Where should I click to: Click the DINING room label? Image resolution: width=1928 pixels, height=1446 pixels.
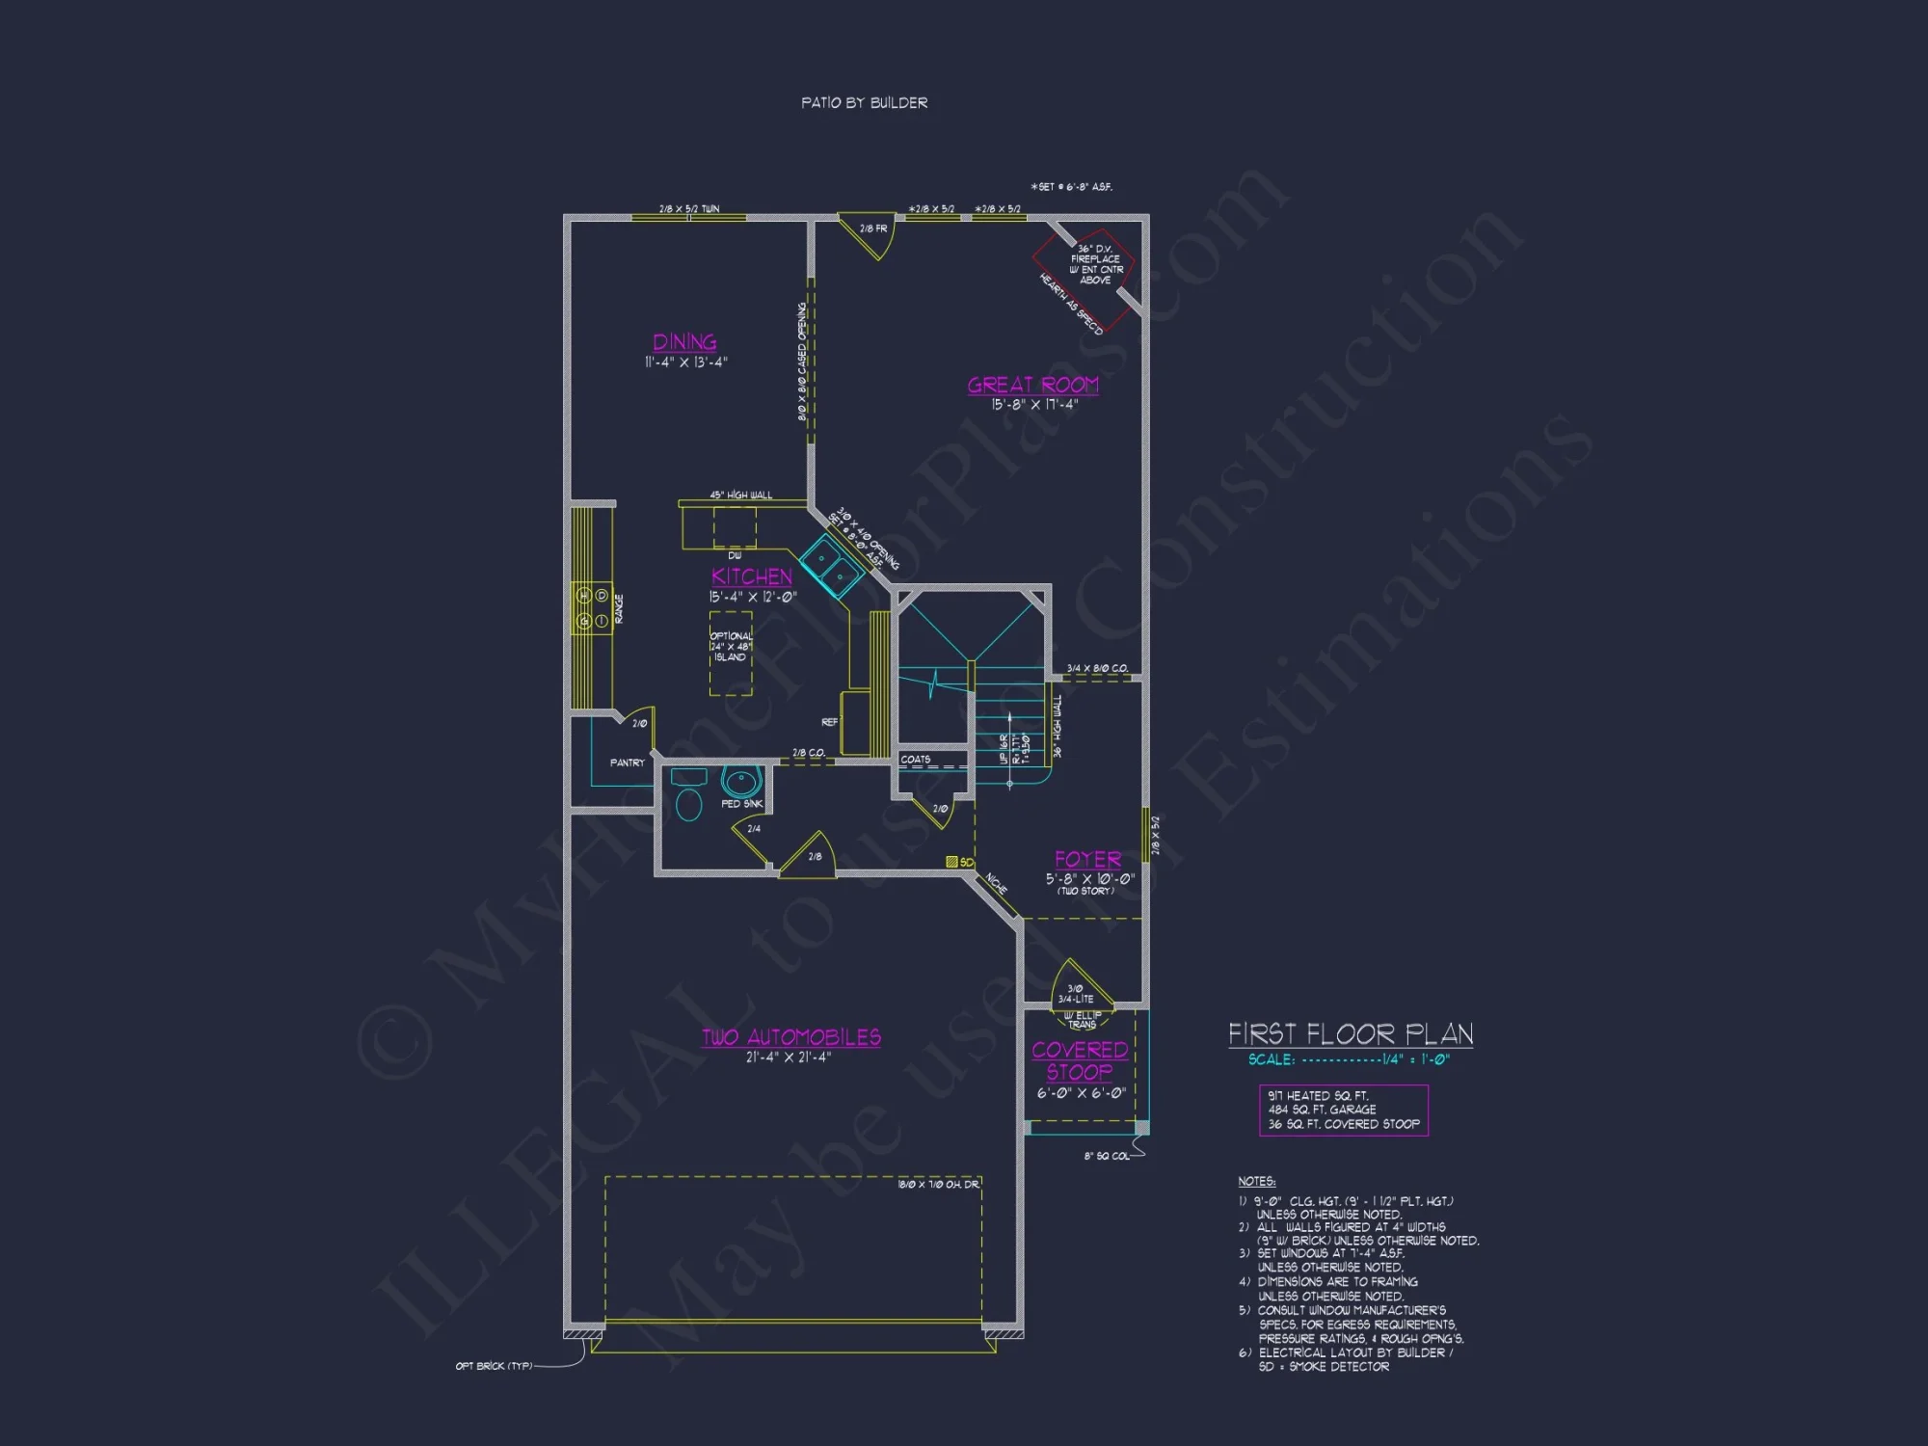coord(684,342)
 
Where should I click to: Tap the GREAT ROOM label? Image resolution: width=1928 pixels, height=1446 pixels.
coord(1032,385)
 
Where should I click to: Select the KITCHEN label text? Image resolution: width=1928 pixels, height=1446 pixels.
coord(752,576)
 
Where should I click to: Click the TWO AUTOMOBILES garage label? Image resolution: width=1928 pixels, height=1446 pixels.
coord(790,1037)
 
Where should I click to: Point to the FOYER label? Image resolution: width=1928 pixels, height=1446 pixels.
coord(1087,859)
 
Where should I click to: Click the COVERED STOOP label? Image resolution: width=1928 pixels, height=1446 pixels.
coord(1080,1060)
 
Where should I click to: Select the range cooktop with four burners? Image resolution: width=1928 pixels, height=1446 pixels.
coord(592,608)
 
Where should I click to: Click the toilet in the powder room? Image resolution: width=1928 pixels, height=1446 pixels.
coord(688,802)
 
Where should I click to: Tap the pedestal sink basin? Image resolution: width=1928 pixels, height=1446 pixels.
coord(740,781)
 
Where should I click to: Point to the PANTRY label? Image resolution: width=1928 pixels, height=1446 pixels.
coord(627,763)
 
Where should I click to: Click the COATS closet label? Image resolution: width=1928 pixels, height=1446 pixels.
coord(915,760)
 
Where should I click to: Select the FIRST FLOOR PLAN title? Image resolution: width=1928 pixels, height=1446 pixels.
coord(1350,1034)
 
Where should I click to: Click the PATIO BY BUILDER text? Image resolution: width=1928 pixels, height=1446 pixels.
coord(864,102)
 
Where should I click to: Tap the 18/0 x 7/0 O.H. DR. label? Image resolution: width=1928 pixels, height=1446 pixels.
coord(937,1184)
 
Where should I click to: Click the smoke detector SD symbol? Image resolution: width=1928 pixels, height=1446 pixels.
coord(952,862)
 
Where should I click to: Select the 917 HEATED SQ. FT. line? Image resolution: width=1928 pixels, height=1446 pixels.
coord(1317,1096)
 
